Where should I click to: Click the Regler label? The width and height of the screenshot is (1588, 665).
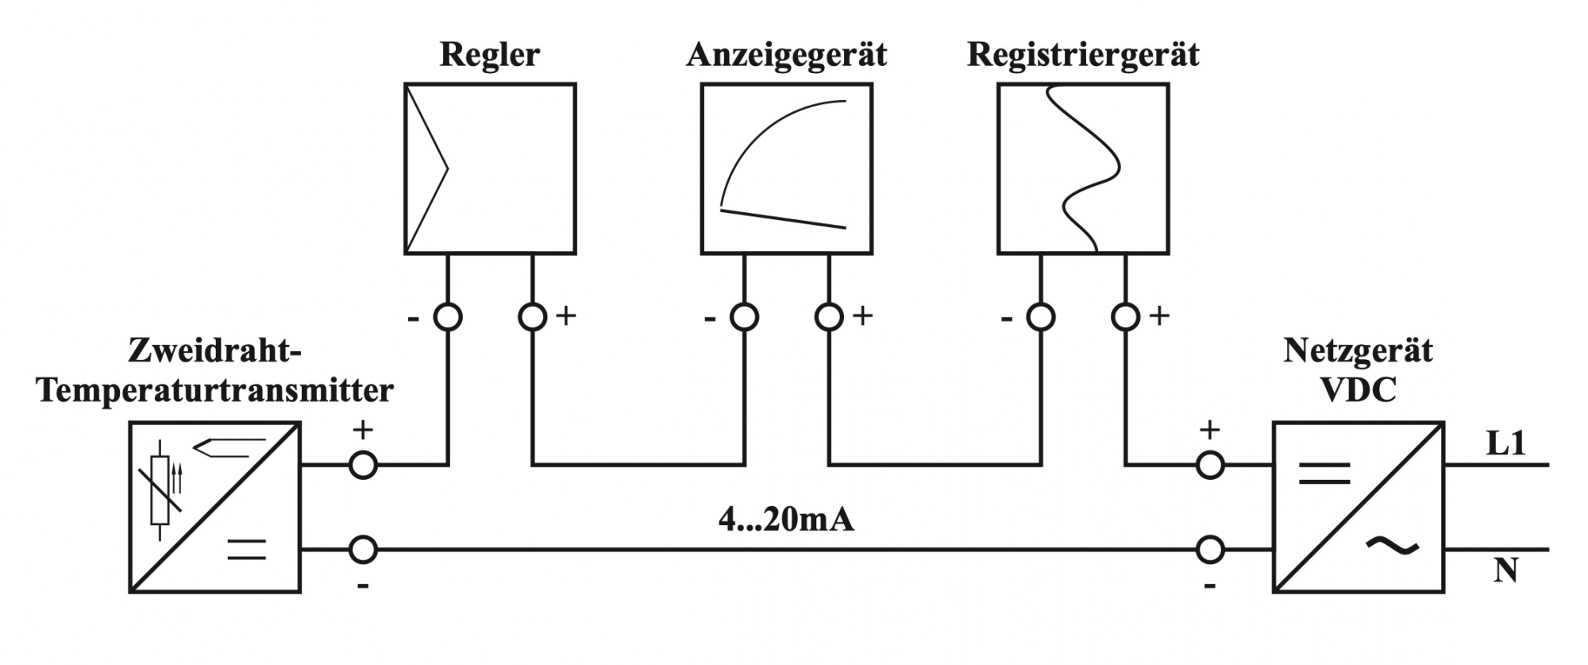coord(489,55)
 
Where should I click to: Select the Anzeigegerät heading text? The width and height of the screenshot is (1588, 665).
coord(786,55)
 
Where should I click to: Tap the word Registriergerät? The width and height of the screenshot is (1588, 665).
coord(1082,55)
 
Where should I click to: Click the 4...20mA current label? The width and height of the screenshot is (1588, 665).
coord(786,520)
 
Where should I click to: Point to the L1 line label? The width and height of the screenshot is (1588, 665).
coord(1505,443)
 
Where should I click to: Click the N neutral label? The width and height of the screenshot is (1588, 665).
coord(1505,570)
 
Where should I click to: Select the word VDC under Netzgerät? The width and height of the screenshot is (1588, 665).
coord(1358,390)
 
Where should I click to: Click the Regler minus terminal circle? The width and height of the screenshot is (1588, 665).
coord(448,317)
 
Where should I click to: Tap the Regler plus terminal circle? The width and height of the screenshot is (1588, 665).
coord(532,317)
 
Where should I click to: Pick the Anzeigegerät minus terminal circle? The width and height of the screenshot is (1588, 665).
coord(744,317)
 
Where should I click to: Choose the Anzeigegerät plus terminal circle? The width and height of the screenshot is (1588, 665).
coord(829,317)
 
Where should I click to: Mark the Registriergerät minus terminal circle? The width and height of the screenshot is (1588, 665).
coord(1041,317)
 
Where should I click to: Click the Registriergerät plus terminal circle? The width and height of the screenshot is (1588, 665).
coord(1125,317)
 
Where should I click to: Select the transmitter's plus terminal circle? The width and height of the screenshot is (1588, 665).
coord(363,465)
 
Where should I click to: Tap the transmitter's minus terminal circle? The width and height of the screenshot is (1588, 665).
coord(363,549)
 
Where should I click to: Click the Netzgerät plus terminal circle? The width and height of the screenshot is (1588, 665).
coord(1209,465)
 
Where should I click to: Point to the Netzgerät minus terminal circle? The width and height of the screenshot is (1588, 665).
coord(1209,549)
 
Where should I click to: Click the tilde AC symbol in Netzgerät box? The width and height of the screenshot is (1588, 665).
coord(1392,545)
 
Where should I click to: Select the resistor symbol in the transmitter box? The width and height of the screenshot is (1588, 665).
coord(160,490)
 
